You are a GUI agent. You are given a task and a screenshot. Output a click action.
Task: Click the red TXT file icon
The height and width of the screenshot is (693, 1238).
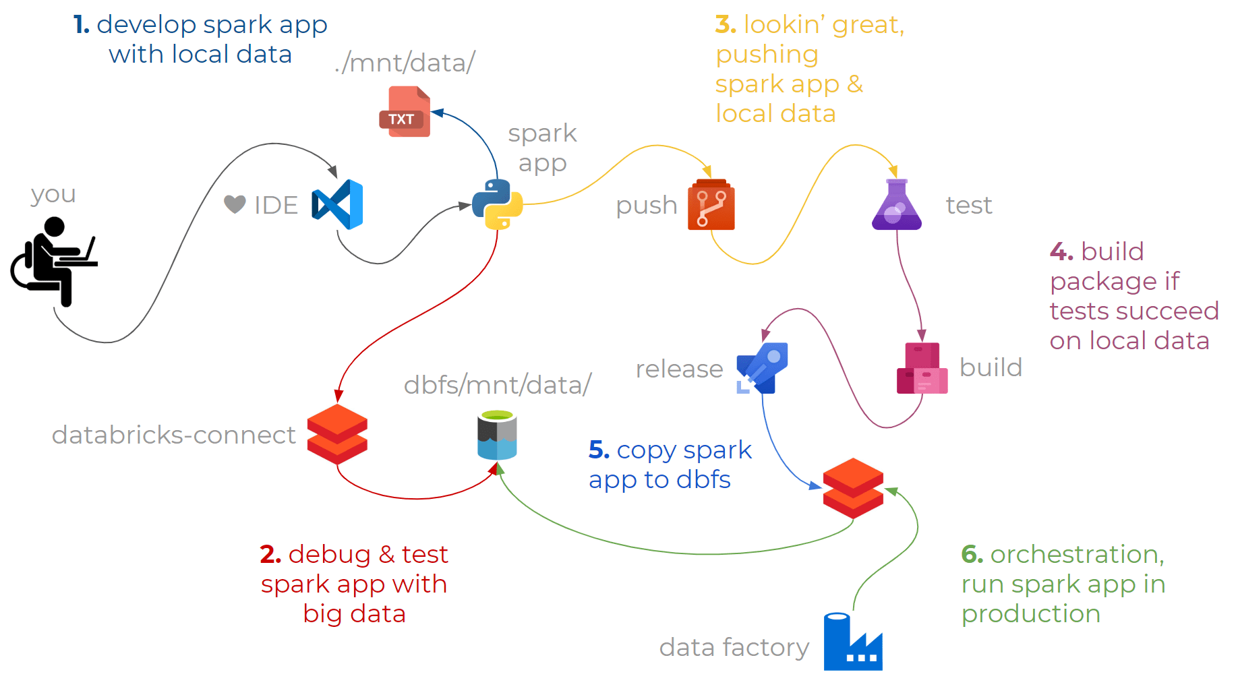pos(405,112)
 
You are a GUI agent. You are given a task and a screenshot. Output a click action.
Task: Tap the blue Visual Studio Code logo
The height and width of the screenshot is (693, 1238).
pos(338,204)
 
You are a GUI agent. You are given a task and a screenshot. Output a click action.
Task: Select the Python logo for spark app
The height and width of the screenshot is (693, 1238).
pos(498,204)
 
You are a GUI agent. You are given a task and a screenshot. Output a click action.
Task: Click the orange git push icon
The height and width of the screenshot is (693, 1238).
pos(711,204)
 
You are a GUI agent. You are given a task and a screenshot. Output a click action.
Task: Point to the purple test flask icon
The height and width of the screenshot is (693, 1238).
pos(896,205)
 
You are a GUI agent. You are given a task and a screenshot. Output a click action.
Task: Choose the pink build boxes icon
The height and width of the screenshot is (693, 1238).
pos(922,368)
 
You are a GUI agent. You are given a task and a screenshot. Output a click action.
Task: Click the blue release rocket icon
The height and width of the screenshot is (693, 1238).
pos(763,368)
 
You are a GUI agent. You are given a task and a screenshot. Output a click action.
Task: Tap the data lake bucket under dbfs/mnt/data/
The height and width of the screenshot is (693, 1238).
pos(497,435)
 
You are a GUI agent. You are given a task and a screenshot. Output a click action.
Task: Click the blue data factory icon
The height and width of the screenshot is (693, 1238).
pos(852,642)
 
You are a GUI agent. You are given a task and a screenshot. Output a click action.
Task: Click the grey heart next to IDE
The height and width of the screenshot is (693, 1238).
pos(235,204)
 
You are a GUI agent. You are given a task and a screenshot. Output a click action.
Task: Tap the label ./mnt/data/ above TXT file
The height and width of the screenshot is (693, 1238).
pos(405,63)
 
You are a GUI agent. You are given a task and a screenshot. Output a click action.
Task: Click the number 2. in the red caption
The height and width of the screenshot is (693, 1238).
pos(270,554)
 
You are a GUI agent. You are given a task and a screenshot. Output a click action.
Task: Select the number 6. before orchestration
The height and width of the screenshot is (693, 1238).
pos(972,554)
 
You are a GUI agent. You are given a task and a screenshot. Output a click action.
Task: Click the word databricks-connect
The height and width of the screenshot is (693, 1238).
pos(173,435)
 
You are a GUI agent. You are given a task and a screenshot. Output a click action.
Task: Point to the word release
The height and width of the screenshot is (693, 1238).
pos(679,369)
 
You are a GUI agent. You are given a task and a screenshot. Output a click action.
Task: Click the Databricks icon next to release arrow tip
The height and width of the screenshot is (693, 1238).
pos(853,488)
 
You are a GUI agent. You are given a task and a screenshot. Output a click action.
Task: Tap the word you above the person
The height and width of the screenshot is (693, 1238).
pos(53,194)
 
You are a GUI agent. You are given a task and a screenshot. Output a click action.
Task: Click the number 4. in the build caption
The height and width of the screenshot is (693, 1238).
pos(1061,251)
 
